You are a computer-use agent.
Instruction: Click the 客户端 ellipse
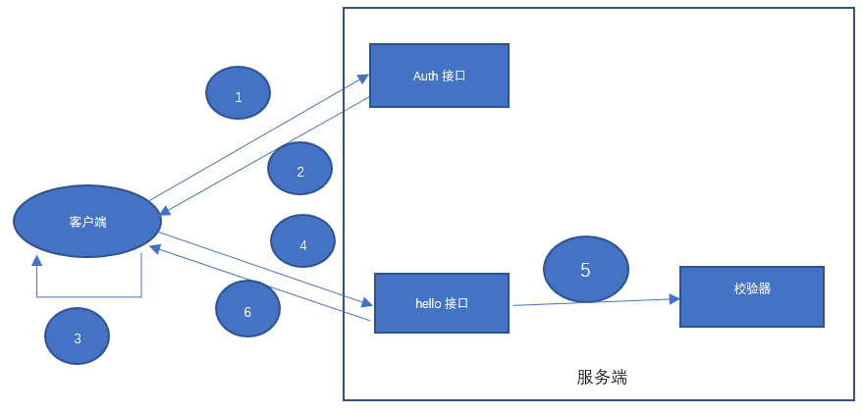[87, 222]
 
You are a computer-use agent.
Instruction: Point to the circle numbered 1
[238, 93]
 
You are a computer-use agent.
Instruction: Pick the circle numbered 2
[299, 169]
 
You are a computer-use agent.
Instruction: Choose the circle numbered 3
[77, 337]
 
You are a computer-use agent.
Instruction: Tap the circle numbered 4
[302, 241]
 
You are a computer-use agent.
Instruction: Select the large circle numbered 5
[585, 270]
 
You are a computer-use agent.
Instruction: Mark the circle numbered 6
[247, 309]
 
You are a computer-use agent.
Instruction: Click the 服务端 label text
[601, 378]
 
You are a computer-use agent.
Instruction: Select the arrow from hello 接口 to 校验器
[589, 301]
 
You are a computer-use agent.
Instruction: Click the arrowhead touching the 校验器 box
[674, 298]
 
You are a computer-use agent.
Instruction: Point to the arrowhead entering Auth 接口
[362, 78]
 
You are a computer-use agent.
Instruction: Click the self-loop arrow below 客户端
[88, 296]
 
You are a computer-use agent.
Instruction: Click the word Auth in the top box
[425, 76]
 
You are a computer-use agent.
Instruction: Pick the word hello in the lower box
[428, 303]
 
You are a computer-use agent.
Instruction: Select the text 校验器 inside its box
[751, 288]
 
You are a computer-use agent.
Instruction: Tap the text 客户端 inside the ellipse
[87, 222]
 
